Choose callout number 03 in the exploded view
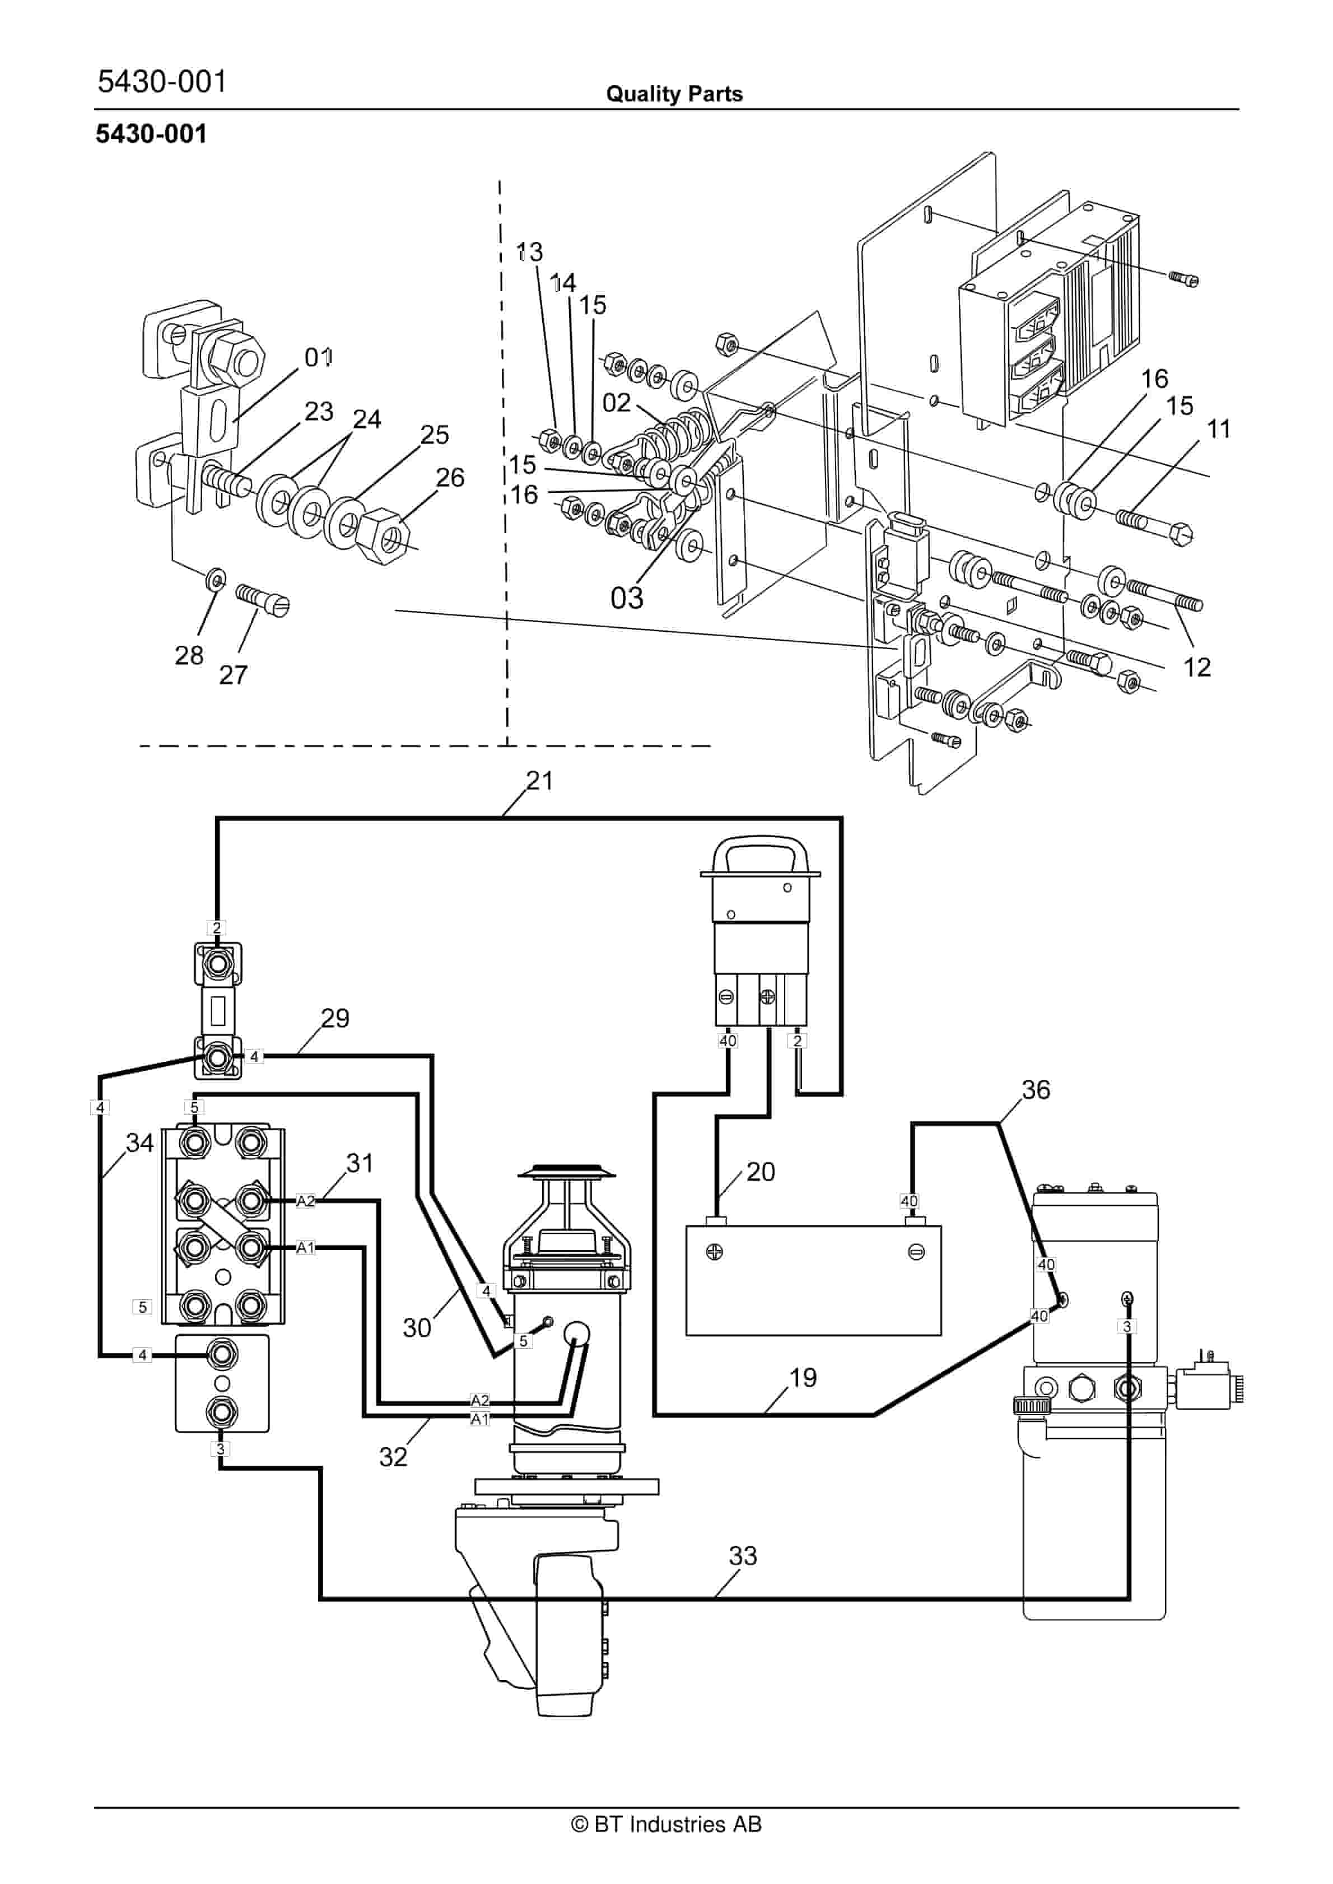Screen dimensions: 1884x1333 (x=627, y=598)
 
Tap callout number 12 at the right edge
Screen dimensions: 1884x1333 (x=1197, y=667)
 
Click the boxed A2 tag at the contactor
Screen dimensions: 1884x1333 (x=305, y=1201)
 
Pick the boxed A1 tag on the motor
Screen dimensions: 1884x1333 (x=480, y=1419)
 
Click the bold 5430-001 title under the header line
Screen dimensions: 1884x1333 (x=151, y=134)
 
